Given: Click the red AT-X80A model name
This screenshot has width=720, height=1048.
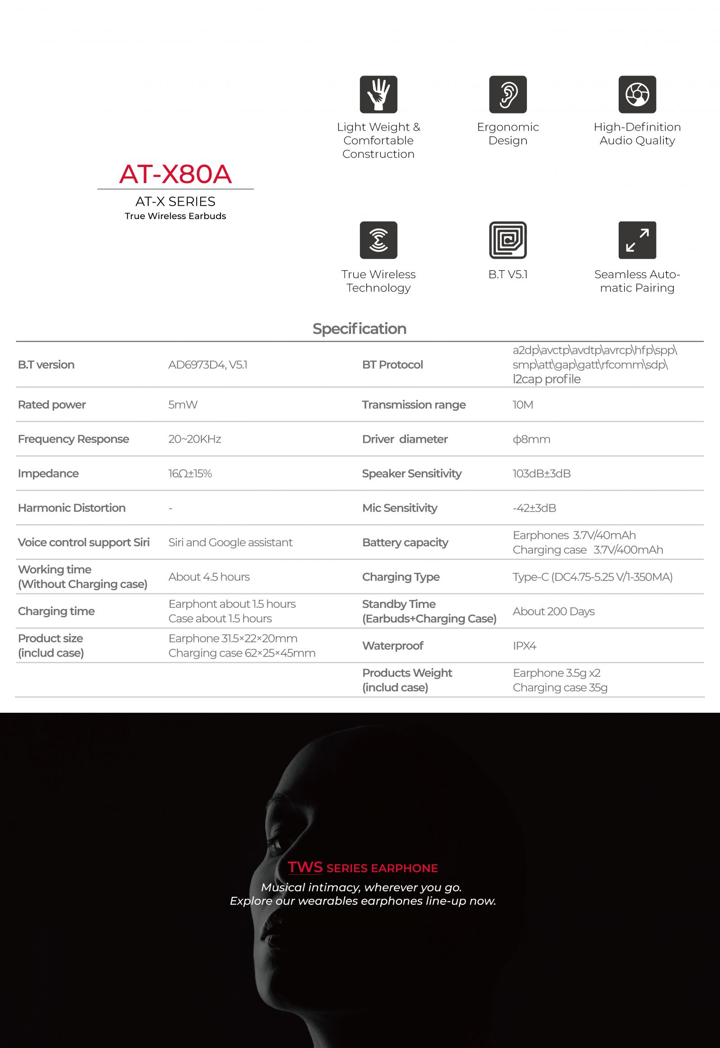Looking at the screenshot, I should (x=175, y=174).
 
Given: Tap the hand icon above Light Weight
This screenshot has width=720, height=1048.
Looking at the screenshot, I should (x=378, y=94).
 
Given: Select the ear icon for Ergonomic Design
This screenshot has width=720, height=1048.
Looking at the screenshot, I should (x=508, y=94).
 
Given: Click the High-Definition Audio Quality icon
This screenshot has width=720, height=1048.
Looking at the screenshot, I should (x=637, y=94).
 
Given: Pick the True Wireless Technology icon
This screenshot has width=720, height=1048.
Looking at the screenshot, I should (x=378, y=240).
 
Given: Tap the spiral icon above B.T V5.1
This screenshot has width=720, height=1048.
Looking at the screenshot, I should (x=508, y=240).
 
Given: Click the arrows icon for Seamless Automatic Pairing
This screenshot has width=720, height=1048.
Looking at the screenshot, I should (x=637, y=240).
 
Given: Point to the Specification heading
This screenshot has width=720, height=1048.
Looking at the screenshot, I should (x=360, y=328).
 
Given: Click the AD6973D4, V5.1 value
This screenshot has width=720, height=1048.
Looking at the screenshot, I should (x=207, y=364).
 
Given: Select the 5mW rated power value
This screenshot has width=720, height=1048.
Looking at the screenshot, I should (x=183, y=405).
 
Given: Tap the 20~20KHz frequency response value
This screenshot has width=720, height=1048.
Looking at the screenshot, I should (x=194, y=439).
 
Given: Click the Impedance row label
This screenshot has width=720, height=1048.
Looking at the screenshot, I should (x=48, y=473).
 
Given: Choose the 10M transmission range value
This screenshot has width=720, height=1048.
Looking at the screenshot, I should (x=522, y=405).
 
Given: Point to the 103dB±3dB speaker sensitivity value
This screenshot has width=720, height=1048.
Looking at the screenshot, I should (x=541, y=473).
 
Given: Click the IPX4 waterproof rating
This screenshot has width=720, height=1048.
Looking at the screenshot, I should (x=524, y=646).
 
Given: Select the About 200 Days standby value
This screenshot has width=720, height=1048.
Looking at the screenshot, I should (x=553, y=611).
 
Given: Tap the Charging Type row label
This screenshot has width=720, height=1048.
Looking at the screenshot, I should (x=400, y=576).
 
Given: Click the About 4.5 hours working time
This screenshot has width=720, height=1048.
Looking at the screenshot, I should (x=209, y=576).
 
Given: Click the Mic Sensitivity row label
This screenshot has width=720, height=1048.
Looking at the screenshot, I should (x=399, y=508).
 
